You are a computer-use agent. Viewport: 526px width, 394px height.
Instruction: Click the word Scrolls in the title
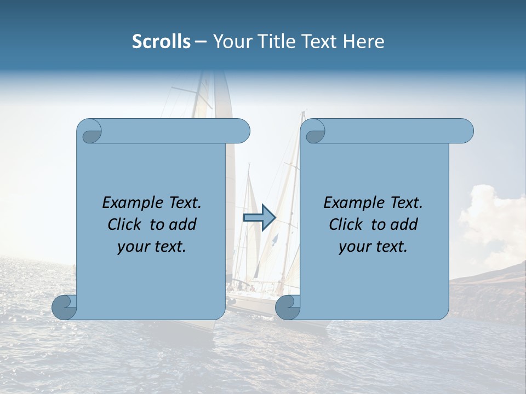[x=161, y=42]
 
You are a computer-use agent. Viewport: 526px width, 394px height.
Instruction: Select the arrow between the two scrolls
[x=259, y=217]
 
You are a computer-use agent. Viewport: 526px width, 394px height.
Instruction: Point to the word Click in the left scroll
[x=126, y=224]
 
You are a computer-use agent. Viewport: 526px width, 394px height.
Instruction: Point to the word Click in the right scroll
[x=347, y=224]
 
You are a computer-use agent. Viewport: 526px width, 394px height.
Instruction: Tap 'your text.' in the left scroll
[x=151, y=247]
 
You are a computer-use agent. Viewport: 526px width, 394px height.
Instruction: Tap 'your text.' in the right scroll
[x=373, y=247]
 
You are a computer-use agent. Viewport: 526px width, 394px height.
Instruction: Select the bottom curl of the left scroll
[x=65, y=308]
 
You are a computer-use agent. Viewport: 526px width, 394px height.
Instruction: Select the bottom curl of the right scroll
[x=288, y=308]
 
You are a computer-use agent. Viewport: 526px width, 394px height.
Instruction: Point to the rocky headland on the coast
[x=488, y=290]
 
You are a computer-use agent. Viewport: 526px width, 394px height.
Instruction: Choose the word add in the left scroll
[x=183, y=224]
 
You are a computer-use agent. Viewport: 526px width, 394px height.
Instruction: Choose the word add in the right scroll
[x=404, y=224]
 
